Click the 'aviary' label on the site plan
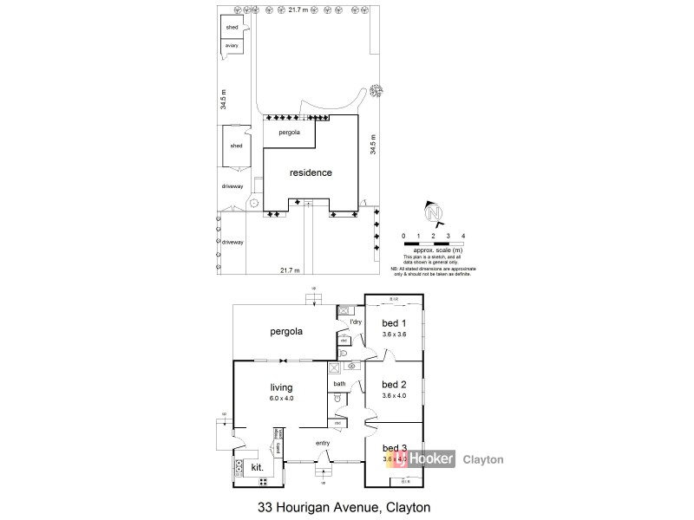pos(231,45)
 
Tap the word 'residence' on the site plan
pos(311,172)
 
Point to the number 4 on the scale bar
pos(463,236)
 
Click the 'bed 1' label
pos(394,322)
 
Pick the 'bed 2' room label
pos(394,385)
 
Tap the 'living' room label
pos(281,387)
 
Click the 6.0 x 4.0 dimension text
pos(281,398)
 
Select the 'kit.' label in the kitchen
pos(258,467)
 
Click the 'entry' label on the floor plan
pos(323,444)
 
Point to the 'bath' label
pos(338,384)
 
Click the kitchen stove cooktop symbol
pos(239,468)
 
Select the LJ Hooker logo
pos(421,460)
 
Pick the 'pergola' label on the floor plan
pos(285,331)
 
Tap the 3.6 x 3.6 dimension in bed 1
pos(394,334)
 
